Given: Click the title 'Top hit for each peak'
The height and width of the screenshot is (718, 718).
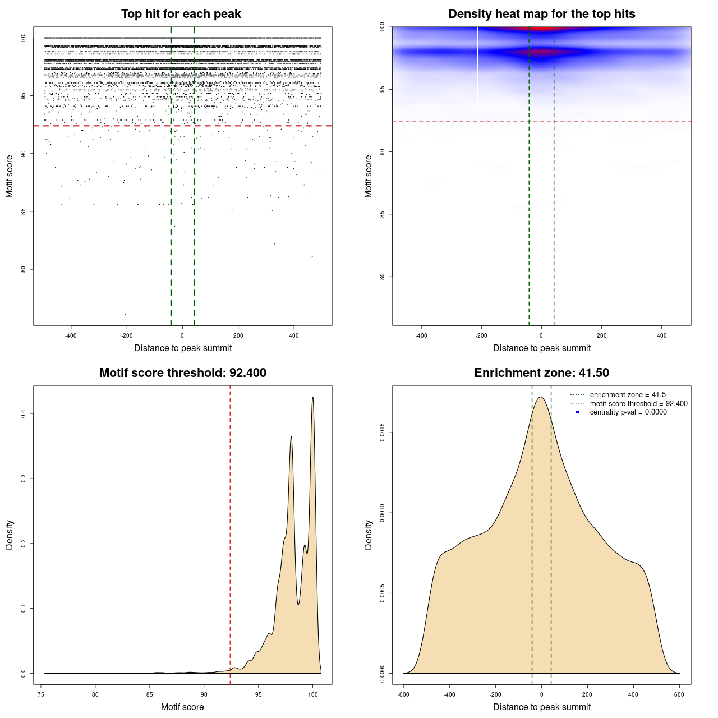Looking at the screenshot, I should point(181,14).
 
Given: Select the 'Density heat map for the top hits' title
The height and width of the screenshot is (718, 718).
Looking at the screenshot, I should point(541,14).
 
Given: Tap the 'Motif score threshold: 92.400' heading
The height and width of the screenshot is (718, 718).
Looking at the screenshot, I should point(182,373).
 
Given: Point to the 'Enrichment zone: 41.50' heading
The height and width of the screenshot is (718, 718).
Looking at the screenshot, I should point(541,373).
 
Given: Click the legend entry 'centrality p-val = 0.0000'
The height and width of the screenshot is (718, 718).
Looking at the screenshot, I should point(628,412).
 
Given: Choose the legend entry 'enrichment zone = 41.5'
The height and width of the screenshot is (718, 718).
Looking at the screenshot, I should point(628,395).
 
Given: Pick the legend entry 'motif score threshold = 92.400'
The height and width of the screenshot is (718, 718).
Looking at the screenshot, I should point(638,404).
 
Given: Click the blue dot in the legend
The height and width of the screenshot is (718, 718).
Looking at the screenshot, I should point(577,412).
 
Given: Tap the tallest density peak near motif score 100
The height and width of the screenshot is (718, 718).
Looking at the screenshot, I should point(312,397).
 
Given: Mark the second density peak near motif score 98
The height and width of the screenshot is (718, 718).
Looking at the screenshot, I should point(291,436).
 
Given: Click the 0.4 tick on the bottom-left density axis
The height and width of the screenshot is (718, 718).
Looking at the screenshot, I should point(24,413).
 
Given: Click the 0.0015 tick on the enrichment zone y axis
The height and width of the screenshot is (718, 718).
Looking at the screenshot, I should point(383,432).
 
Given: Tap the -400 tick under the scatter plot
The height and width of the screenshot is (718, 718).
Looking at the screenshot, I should point(71,336).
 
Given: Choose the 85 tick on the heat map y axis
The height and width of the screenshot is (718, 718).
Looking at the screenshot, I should point(383,214).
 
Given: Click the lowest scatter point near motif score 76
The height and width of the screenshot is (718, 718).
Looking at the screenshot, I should point(125,314).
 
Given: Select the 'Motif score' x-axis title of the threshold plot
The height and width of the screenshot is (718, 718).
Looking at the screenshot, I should point(182,707).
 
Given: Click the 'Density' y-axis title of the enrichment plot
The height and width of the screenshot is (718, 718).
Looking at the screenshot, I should point(369,535).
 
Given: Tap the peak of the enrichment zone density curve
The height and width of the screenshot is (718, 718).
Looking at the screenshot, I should point(541,397).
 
